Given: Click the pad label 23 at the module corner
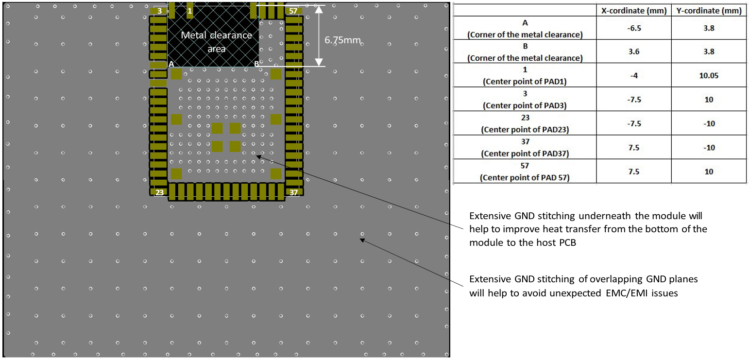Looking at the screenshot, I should click(159, 192).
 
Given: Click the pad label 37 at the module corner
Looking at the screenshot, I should click(293, 192).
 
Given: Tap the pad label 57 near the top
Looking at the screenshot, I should click(293, 10).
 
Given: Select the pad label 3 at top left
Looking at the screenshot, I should click(159, 10).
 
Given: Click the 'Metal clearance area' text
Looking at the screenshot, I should click(216, 42).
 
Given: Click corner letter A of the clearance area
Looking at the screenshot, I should click(171, 64).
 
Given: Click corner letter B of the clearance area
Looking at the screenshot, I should click(256, 64).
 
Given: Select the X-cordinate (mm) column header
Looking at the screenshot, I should click(633, 11).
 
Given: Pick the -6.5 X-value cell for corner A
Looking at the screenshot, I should click(633, 28).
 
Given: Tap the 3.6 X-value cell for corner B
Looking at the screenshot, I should click(633, 51).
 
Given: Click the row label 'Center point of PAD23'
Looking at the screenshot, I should click(525, 130).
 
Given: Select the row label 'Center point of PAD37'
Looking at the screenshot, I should click(525, 154).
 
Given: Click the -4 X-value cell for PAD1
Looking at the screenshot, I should click(633, 75).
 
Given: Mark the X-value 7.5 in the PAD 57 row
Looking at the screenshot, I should click(633, 171).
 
